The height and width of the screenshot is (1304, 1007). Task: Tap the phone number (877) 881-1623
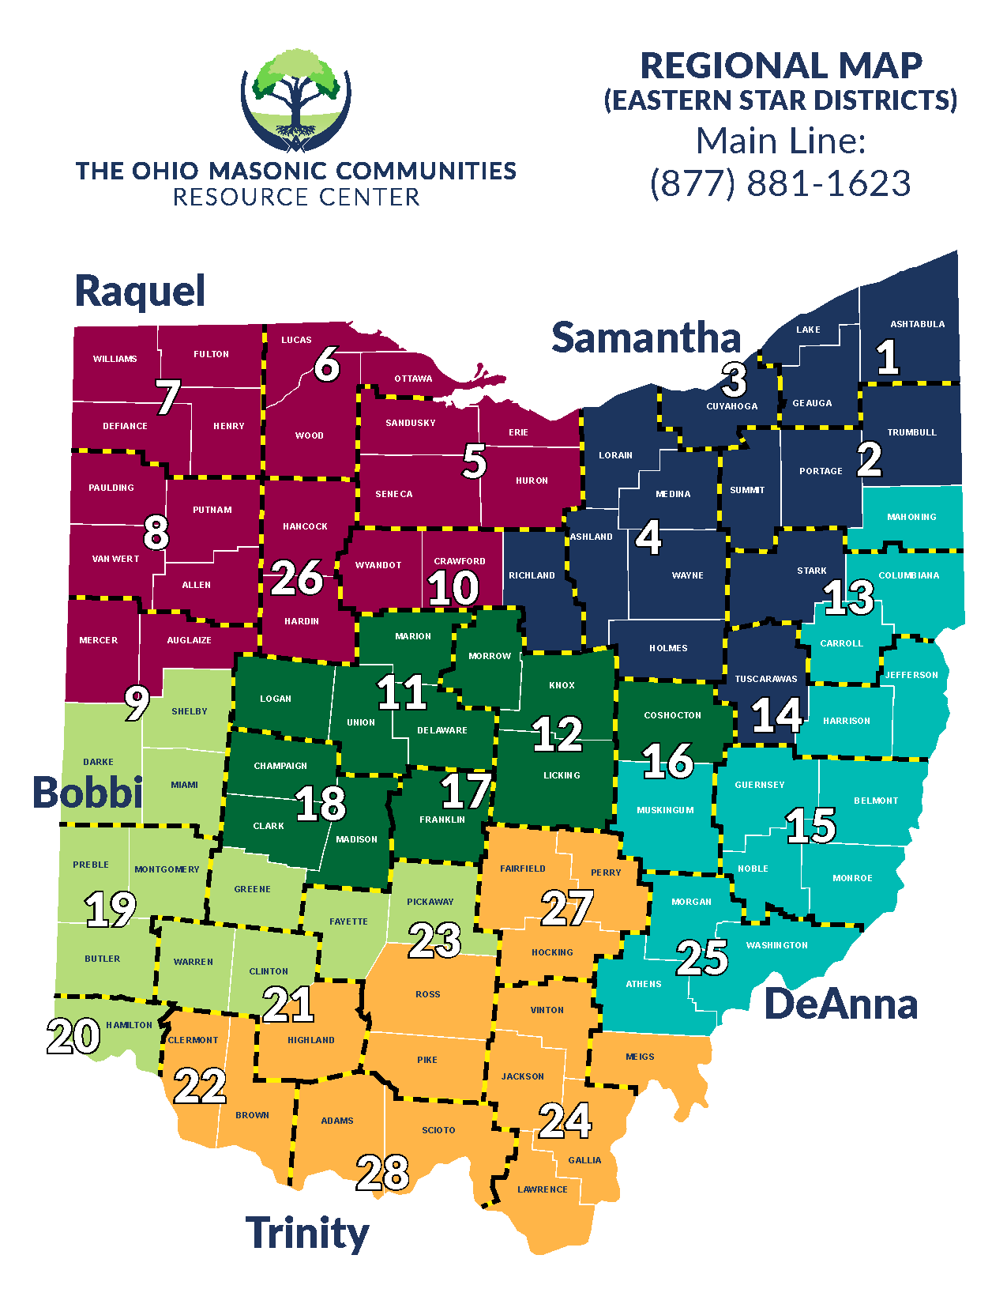(780, 183)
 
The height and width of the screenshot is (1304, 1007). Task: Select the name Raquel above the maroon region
(140, 291)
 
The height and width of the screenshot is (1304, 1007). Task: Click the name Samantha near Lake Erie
(646, 337)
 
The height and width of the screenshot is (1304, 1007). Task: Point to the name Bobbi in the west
(87, 792)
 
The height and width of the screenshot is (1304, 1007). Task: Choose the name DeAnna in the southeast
(841, 1004)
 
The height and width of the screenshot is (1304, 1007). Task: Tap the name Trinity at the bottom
(307, 1233)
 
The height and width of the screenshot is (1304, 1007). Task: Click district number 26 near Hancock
(296, 578)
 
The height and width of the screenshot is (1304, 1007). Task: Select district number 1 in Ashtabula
(888, 357)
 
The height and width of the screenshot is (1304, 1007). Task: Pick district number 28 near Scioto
(383, 1173)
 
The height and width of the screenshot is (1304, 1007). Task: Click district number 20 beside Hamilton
(73, 1036)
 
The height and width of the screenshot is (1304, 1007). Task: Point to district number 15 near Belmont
(811, 826)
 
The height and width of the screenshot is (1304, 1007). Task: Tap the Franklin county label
(442, 820)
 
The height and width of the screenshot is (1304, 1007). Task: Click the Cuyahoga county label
(731, 406)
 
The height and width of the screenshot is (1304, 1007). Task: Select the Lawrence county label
(542, 1189)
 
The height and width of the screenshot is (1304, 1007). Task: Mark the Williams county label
(115, 359)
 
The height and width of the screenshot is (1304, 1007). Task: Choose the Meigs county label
(640, 1057)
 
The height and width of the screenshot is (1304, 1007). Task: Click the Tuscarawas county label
(765, 679)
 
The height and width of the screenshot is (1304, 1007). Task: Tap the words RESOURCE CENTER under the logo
(296, 198)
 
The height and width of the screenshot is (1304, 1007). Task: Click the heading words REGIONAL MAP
(780, 66)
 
